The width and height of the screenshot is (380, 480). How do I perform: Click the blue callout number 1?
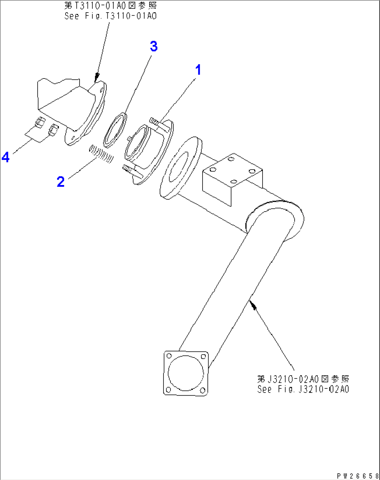[x=198, y=70]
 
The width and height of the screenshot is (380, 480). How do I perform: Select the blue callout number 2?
[x=61, y=182]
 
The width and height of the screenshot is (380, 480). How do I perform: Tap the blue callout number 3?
[x=154, y=46]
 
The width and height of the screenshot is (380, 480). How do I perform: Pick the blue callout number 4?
[x=6, y=157]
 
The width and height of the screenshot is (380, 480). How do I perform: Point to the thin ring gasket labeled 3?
[x=115, y=130]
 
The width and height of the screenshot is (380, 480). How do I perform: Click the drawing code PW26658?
[x=358, y=476]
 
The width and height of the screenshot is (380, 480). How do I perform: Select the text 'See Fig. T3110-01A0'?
[x=111, y=16]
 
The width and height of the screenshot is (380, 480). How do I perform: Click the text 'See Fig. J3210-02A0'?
[x=303, y=389]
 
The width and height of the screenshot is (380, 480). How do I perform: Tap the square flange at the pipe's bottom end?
[x=186, y=373]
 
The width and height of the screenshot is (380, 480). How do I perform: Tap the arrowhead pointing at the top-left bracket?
[x=97, y=76]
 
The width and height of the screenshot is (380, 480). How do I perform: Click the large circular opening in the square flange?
[x=185, y=373]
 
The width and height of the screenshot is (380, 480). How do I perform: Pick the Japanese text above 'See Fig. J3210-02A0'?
[x=303, y=379]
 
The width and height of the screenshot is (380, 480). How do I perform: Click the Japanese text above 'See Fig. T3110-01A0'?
[x=111, y=6]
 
